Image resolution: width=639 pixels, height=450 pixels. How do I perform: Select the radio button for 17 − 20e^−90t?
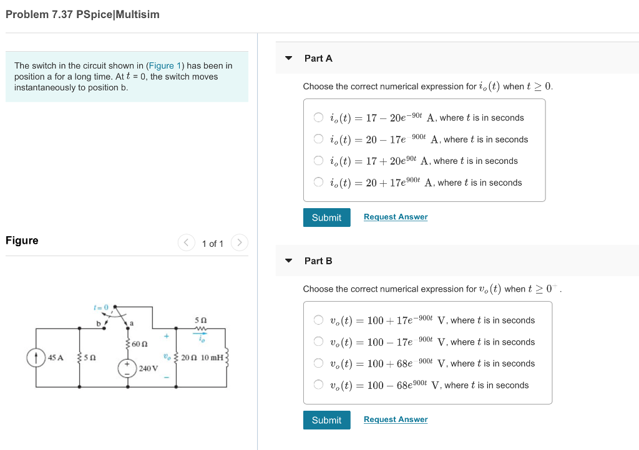318,117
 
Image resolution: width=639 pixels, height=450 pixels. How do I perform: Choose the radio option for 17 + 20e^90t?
318,161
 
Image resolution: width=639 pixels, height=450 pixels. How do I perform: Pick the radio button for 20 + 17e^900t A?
318,182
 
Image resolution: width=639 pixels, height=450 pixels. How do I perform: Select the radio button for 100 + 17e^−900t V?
318,320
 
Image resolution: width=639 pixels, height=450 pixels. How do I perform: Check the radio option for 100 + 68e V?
318,363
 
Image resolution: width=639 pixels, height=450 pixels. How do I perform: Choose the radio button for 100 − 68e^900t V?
318,385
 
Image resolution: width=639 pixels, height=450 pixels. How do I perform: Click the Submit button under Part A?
326,218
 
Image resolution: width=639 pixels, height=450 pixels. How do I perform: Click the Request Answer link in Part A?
396,217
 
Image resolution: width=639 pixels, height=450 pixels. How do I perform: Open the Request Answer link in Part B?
396,419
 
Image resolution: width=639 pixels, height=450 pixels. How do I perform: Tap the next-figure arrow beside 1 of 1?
240,242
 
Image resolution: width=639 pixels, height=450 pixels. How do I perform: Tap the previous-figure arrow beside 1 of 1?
186,242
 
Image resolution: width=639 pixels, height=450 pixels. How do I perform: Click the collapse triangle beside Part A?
288,58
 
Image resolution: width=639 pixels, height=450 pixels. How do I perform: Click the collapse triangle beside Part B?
288,261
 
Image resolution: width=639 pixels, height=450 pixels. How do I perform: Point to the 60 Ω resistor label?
141,343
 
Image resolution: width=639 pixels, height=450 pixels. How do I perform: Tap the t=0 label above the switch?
101,307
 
